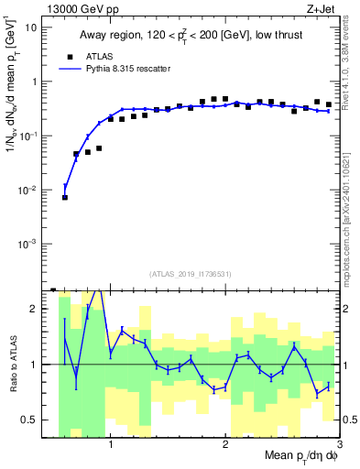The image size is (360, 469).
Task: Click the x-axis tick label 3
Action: point(339,446)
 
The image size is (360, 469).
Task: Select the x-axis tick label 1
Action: point(111,446)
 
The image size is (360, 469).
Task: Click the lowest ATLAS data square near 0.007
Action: point(65,197)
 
